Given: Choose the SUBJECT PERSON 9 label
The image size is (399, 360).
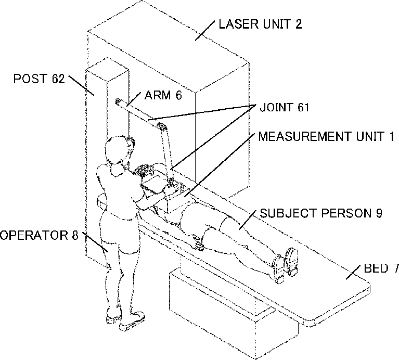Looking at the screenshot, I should pos(321,213).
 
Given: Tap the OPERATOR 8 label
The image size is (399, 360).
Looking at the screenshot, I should pos(39,236).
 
